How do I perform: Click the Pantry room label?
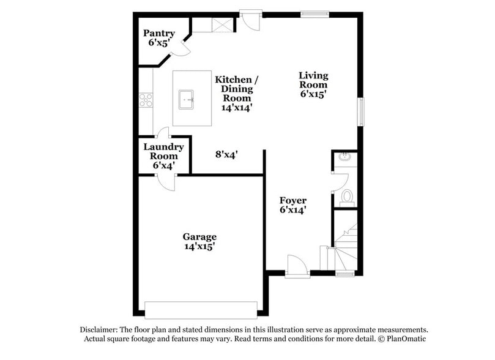[159, 38]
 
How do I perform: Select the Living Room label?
[313, 84]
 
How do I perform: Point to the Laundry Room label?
[163, 156]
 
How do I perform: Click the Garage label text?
[199, 241]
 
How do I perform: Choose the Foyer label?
[292, 205]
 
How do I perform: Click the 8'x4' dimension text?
[226, 155]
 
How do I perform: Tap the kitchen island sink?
[187, 99]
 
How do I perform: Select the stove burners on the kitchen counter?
[146, 99]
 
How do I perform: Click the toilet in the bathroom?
[346, 197]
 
